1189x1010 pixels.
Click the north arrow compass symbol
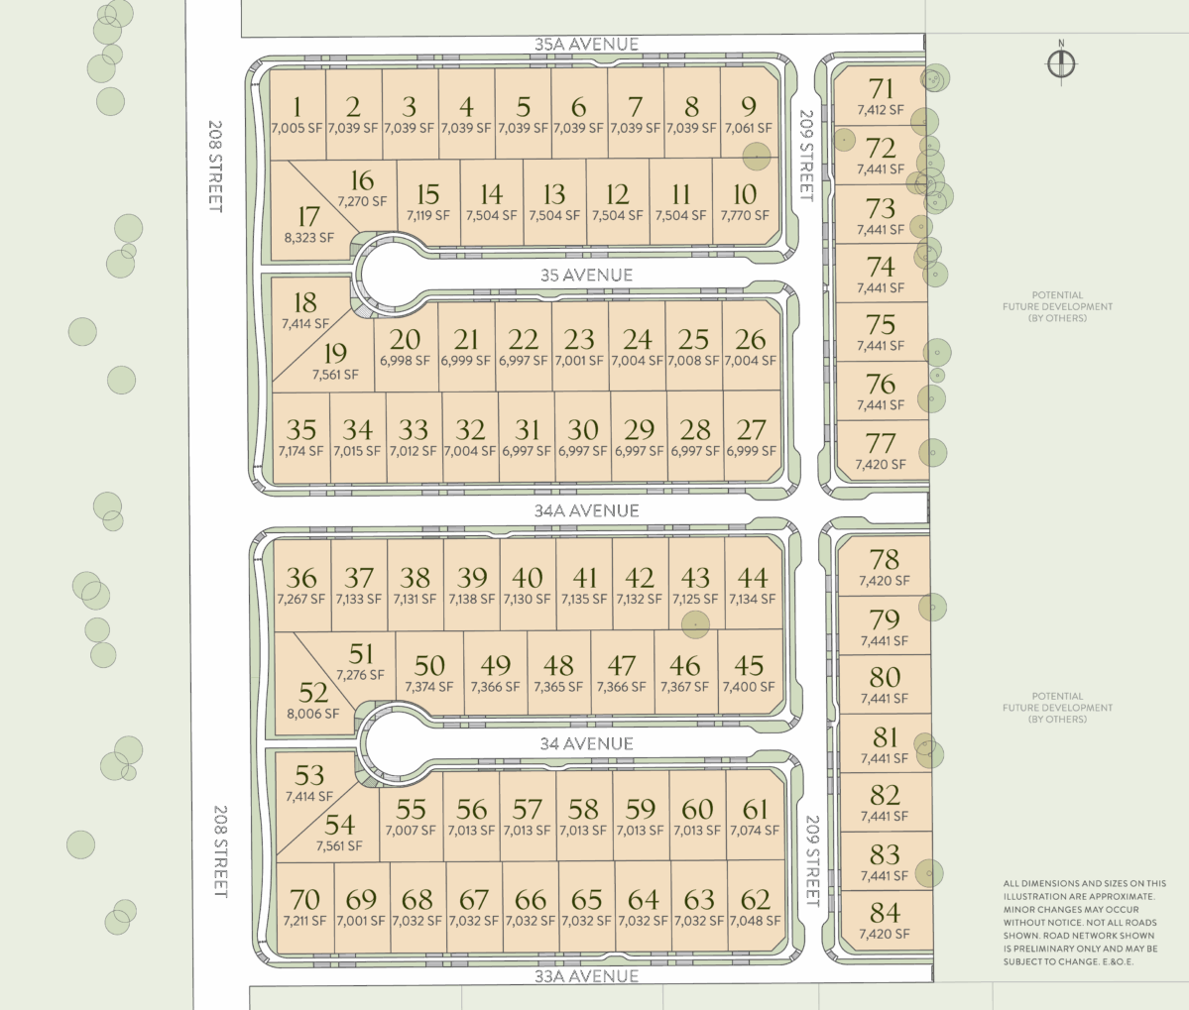pyautogui.click(x=1061, y=62)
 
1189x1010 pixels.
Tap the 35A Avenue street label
pyautogui.click(x=586, y=44)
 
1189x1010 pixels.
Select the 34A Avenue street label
pyautogui.click(x=586, y=510)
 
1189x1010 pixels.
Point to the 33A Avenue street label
pyautogui.click(x=586, y=976)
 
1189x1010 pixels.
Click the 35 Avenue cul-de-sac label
pyautogui.click(x=586, y=275)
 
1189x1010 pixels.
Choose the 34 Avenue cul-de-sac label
pyautogui.click(x=586, y=743)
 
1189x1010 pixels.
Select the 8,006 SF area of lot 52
pyautogui.click(x=313, y=713)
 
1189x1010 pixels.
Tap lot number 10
pyautogui.click(x=745, y=194)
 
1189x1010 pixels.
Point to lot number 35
pyautogui.click(x=301, y=429)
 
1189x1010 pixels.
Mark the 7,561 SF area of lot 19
pyautogui.click(x=335, y=375)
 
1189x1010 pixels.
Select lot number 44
pyautogui.click(x=753, y=578)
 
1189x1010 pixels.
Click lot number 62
pyautogui.click(x=756, y=899)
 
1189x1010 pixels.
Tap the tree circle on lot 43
pyautogui.click(x=695, y=624)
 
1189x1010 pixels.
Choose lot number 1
pyautogui.click(x=297, y=107)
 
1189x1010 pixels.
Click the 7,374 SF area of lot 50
pyautogui.click(x=429, y=687)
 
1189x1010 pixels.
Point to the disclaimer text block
pyautogui.click(x=1084, y=922)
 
